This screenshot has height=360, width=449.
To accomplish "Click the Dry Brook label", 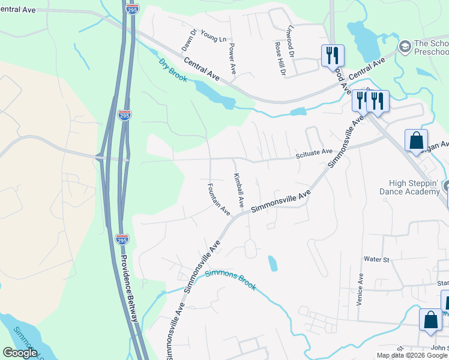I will point(173,70).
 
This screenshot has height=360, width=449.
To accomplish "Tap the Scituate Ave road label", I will point(314,154).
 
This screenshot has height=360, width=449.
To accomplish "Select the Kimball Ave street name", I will point(238,190).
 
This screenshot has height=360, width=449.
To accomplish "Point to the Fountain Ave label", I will point(219,199).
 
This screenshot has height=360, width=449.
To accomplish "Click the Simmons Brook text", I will point(231,280).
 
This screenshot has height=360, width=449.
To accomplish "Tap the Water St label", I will point(377,260).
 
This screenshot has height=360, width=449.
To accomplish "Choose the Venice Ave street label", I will point(360,290).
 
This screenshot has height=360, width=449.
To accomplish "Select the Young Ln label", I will point(214,35).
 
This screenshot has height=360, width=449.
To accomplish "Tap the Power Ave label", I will point(232,58).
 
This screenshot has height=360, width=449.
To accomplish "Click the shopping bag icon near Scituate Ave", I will point(415,141).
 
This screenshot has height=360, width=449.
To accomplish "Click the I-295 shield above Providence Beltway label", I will point(122,239).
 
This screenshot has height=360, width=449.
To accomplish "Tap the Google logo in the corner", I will point(20,353).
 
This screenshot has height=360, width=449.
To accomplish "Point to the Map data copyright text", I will point(412,355).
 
